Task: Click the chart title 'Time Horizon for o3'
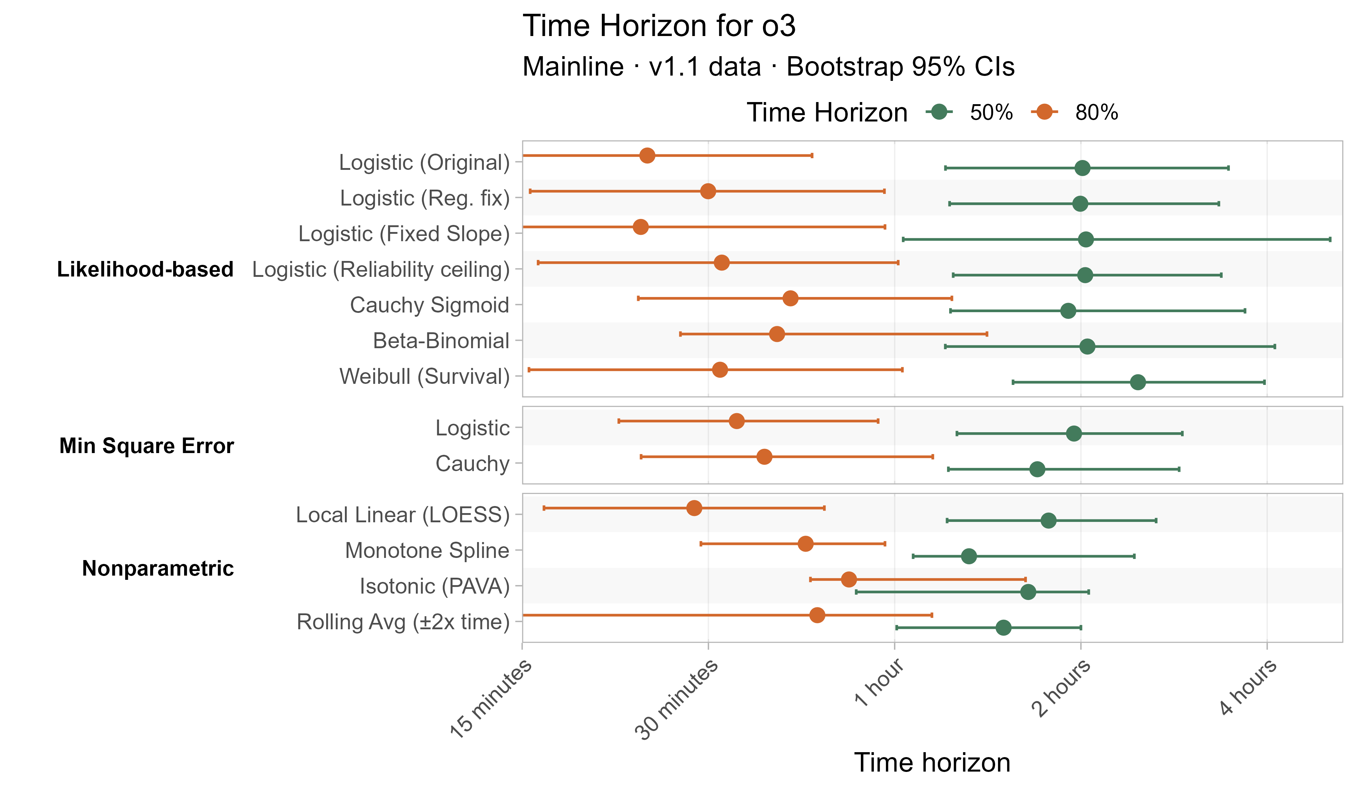click(659, 26)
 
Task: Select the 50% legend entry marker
click(939, 112)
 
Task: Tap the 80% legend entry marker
click(1044, 112)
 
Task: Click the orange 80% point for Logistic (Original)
click(647, 155)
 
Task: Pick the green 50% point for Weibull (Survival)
click(1138, 382)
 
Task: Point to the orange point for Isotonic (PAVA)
click(849, 579)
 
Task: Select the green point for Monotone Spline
click(969, 557)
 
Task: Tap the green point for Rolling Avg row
click(1003, 628)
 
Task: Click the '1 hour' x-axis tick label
click(879, 683)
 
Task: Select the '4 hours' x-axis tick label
click(1248, 688)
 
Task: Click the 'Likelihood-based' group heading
click(145, 269)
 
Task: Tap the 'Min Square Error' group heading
click(146, 446)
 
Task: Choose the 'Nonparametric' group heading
click(158, 568)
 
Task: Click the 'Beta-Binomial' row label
click(441, 341)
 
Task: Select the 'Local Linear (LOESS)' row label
click(403, 515)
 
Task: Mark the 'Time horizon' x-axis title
click(932, 762)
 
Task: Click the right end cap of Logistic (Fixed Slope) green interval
click(1330, 239)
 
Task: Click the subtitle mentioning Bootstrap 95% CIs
click(768, 67)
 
